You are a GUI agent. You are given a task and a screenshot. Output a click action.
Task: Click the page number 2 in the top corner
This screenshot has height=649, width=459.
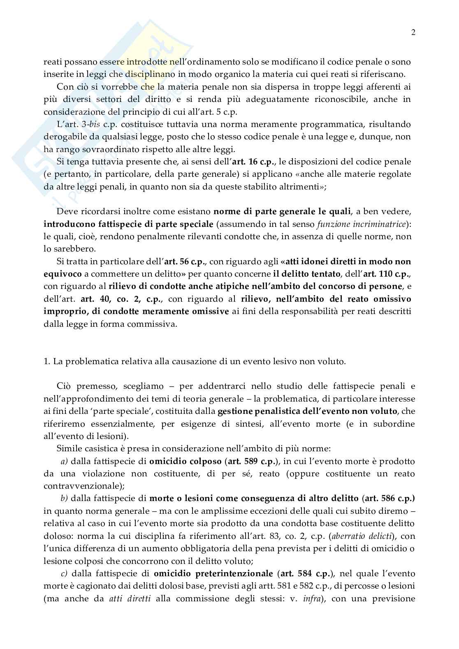pos(413,33)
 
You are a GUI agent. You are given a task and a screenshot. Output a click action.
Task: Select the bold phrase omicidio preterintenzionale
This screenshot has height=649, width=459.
pos(213,573)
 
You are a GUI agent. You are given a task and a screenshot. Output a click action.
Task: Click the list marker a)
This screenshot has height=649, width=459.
pos(64,462)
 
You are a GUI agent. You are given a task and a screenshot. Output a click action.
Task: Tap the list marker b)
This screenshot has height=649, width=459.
pos(64,499)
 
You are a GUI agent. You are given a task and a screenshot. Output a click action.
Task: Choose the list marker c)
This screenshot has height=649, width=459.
pos(64,573)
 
